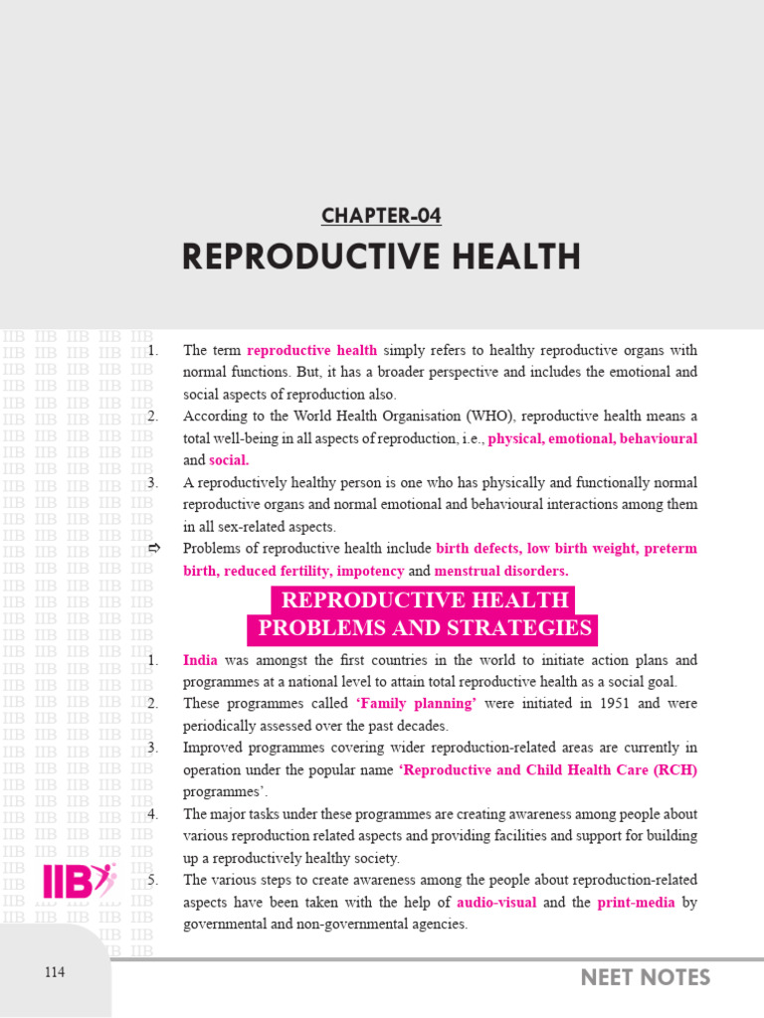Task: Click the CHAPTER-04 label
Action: (x=381, y=216)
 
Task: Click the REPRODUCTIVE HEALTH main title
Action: (x=381, y=257)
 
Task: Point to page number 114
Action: (x=55, y=972)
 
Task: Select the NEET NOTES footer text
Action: (x=646, y=977)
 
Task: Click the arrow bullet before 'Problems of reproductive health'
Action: (x=153, y=549)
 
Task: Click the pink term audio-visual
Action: (x=496, y=903)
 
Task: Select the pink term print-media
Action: (x=636, y=903)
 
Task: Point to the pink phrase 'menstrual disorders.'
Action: (x=501, y=571)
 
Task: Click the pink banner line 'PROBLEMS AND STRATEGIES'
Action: (x=425, y=628)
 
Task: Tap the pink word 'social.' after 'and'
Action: (x=229, y=460)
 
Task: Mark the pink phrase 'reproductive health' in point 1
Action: (x=311, y=350)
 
